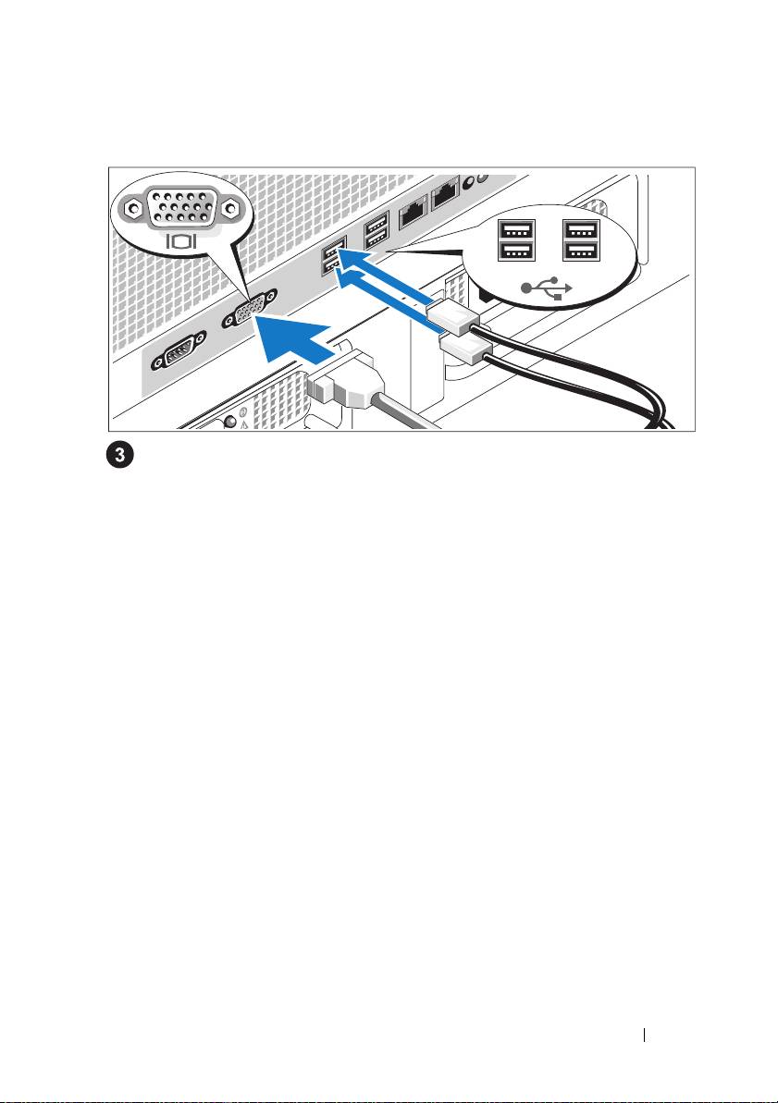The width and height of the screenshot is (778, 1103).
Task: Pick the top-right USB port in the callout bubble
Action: pyautogui.click(x=581, y=230)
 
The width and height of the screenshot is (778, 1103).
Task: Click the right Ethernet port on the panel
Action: pyautogui.click(x=446, y=195)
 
